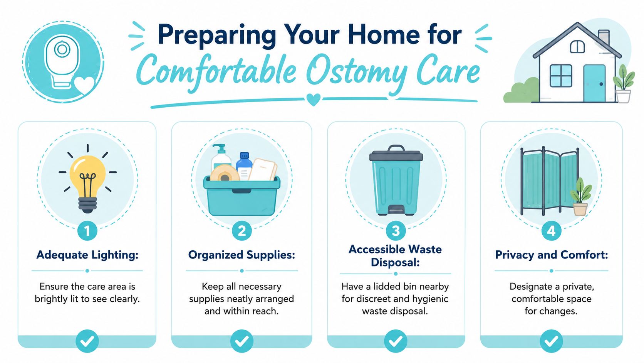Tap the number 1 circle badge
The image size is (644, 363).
pyautogui.click(x=87, y=231)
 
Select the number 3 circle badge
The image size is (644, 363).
pyautogui.click(x=396, y=231)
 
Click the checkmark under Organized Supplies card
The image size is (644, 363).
pyautogui.click(x=242, y=341)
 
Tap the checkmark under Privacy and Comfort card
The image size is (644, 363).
pyautogui.click(x=552, y=341)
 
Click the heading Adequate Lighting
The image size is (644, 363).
pyautogui.click(x=87, y=255)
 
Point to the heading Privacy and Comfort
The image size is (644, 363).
pyautogui.click(x=552, y=255)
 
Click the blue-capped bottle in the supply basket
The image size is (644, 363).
pyautogui.click(x=244, y=166)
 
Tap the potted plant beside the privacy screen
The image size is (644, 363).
pyautogui.click(x=581, y=197)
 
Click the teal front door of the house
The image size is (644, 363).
pyautogui.click(x=594, y=83)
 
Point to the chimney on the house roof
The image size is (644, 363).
pyautogui.click(x=604, y=38)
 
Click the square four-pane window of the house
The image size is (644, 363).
pyautogui.click(x=561, y=76)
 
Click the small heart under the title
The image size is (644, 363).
pyautogui.click(x=314, y=100)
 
